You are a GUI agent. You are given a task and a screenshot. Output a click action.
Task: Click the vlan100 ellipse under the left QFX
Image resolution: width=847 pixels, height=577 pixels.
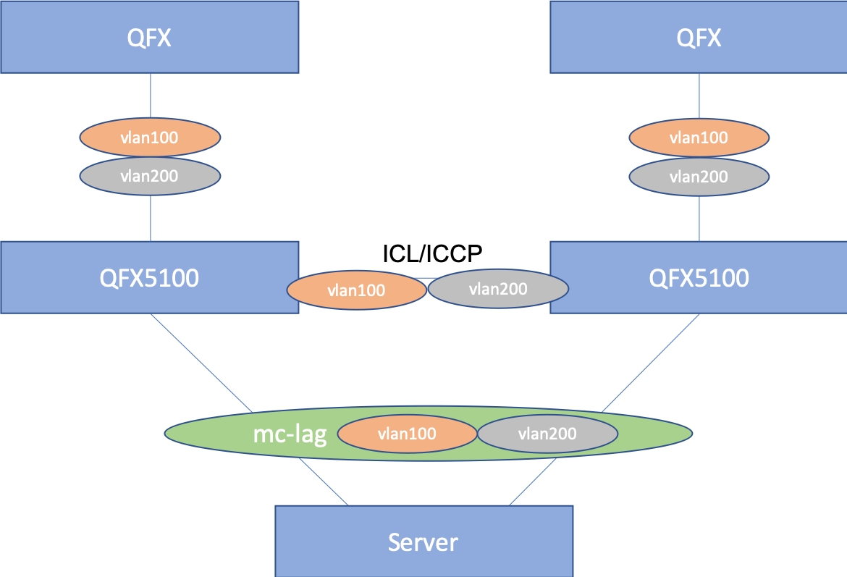coord(150,137)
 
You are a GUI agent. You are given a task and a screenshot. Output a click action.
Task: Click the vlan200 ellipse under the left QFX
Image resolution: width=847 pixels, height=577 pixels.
coord(150,176)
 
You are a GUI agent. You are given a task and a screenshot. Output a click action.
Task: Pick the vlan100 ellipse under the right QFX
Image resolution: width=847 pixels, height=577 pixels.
coord(699,137)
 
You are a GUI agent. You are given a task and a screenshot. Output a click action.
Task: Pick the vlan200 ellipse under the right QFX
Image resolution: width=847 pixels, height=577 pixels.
coord(699,176)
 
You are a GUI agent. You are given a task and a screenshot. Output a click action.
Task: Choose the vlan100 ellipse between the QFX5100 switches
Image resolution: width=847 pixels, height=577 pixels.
coord(356,291)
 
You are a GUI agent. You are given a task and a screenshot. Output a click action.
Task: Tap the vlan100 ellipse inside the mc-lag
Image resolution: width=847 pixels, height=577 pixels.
coord(407,434)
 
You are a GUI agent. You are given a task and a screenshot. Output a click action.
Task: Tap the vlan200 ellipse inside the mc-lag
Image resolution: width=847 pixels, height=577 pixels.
coord(547,434)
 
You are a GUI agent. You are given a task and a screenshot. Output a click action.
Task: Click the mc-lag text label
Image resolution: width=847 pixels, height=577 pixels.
coord(290,434)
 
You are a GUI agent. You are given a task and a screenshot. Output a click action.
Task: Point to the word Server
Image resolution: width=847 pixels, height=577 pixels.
coord(423,542)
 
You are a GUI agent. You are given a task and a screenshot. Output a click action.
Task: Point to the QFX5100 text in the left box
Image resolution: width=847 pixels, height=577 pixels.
coord(150,278)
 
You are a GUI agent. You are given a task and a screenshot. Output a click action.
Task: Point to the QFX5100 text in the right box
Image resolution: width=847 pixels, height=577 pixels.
coord(699,278)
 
